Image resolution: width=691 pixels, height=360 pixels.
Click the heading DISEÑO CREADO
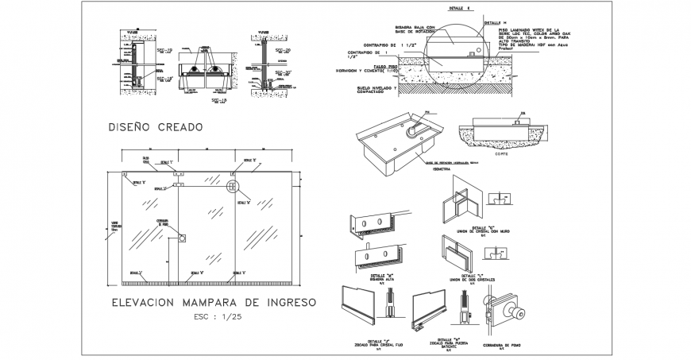tap(155, 126)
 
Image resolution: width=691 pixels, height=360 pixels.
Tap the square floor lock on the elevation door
tap(182, 238)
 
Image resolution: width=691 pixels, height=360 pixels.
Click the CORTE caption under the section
tap(501, 154)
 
